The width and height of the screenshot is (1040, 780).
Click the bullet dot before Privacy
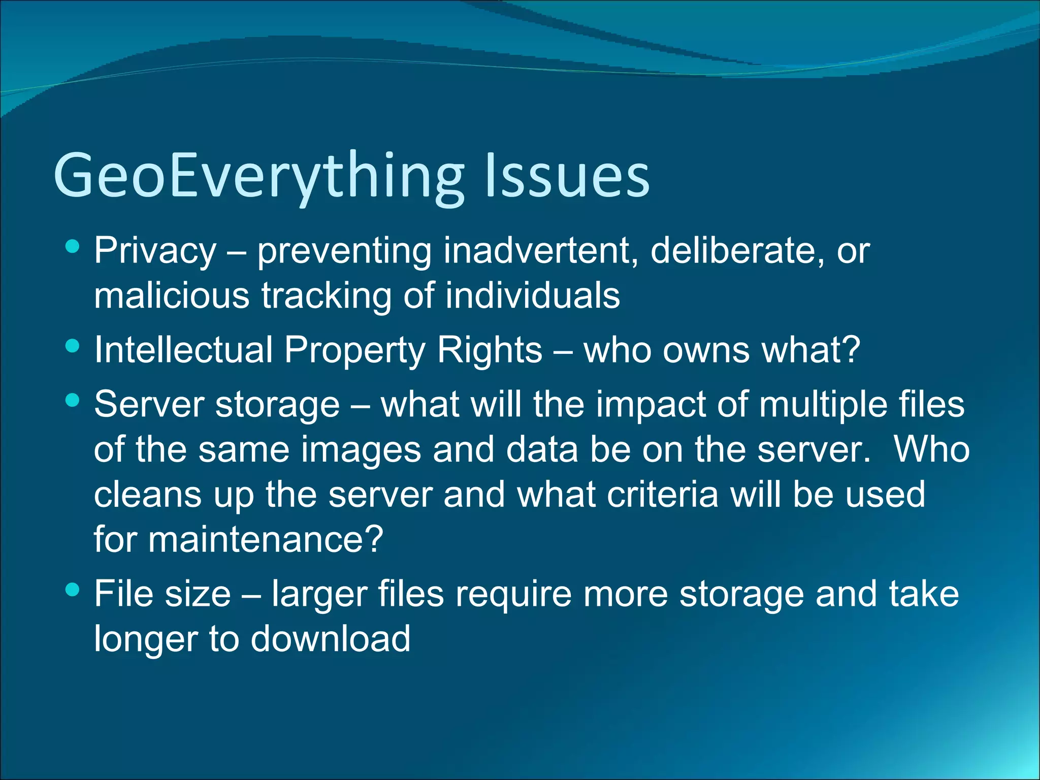tap(73, 247)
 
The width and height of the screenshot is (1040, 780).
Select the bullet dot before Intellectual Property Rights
tap(73, 346)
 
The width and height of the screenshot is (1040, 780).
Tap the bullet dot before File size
tap(73, 590)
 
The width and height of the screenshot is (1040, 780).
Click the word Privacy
tap(155, 251)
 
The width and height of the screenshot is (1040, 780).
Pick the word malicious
tap(172, 296)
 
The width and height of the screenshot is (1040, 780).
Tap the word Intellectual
tap(184, 350)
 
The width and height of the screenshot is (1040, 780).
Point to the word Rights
tap(490, 350)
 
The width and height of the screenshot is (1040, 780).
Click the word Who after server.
tap(932, 450)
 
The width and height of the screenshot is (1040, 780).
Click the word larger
tap(319, 594)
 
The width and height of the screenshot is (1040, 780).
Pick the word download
tap(331, 639)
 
